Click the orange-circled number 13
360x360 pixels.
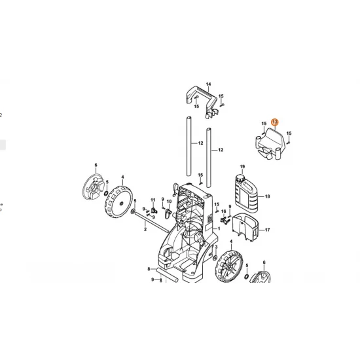click(x=275, y=122)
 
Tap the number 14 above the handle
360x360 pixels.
click(x=208, y=84)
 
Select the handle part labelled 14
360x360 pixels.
click(x=202, y=101)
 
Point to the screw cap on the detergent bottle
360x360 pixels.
click(x=240, y=178)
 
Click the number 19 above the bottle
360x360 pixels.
click(x=242, y=166)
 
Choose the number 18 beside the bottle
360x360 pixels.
click(x=267, y=196)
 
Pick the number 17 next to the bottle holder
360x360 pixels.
click(x=267, y=230)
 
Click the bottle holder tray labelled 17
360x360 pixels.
click(x=245, y=227)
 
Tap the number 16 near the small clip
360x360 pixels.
click(x=223, y=211)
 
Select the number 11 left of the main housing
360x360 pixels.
click(x=153, y=200)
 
